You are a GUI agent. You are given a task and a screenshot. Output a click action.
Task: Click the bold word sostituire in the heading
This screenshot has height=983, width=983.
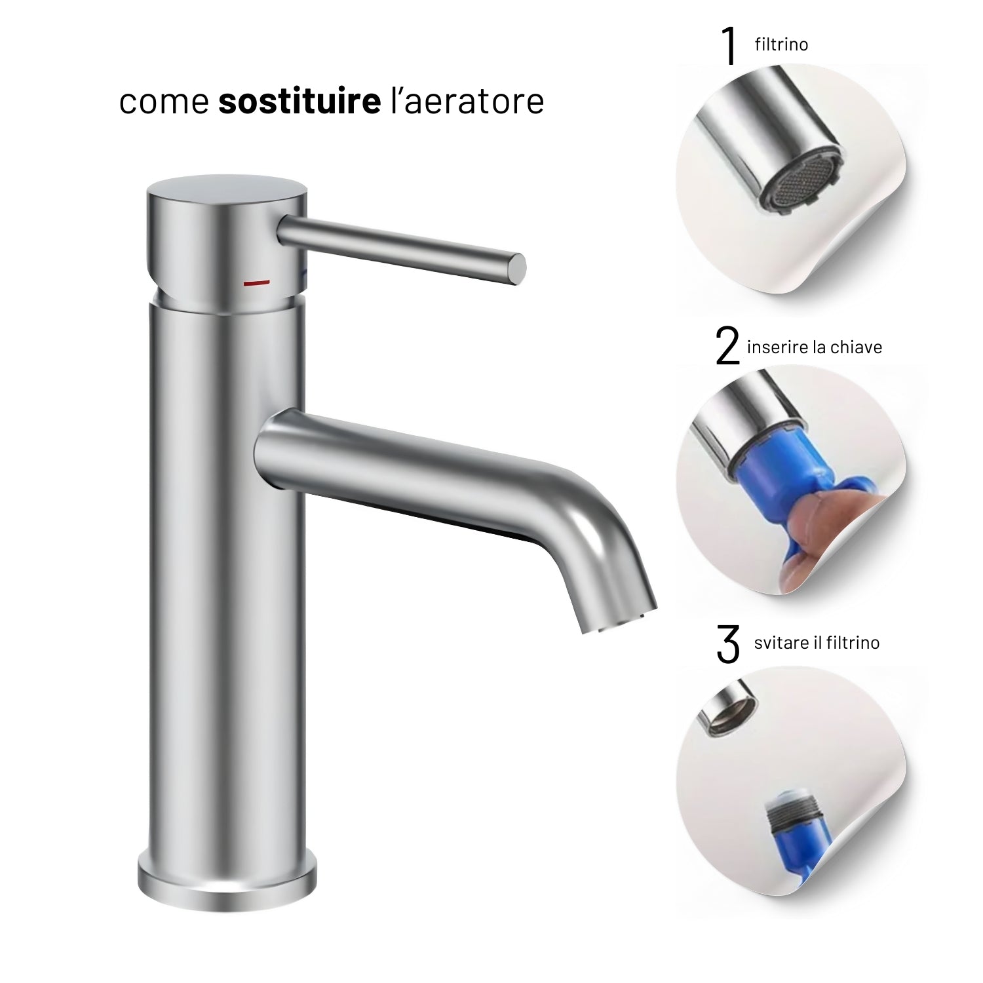tap(299, 102)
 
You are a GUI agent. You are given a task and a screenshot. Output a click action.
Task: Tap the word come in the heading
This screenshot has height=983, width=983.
tap(164, 103)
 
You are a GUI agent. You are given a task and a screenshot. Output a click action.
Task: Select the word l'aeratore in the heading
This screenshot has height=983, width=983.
tap(467, 102)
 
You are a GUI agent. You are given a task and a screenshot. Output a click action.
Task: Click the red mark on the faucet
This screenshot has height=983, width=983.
tap(256, 283)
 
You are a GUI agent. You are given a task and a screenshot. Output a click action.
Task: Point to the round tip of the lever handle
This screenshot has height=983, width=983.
tap(518, 264)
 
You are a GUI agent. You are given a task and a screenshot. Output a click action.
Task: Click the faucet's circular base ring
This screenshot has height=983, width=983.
tap(227, 878)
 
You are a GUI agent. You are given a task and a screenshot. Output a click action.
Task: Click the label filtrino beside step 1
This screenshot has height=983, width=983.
tap(781, 45)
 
